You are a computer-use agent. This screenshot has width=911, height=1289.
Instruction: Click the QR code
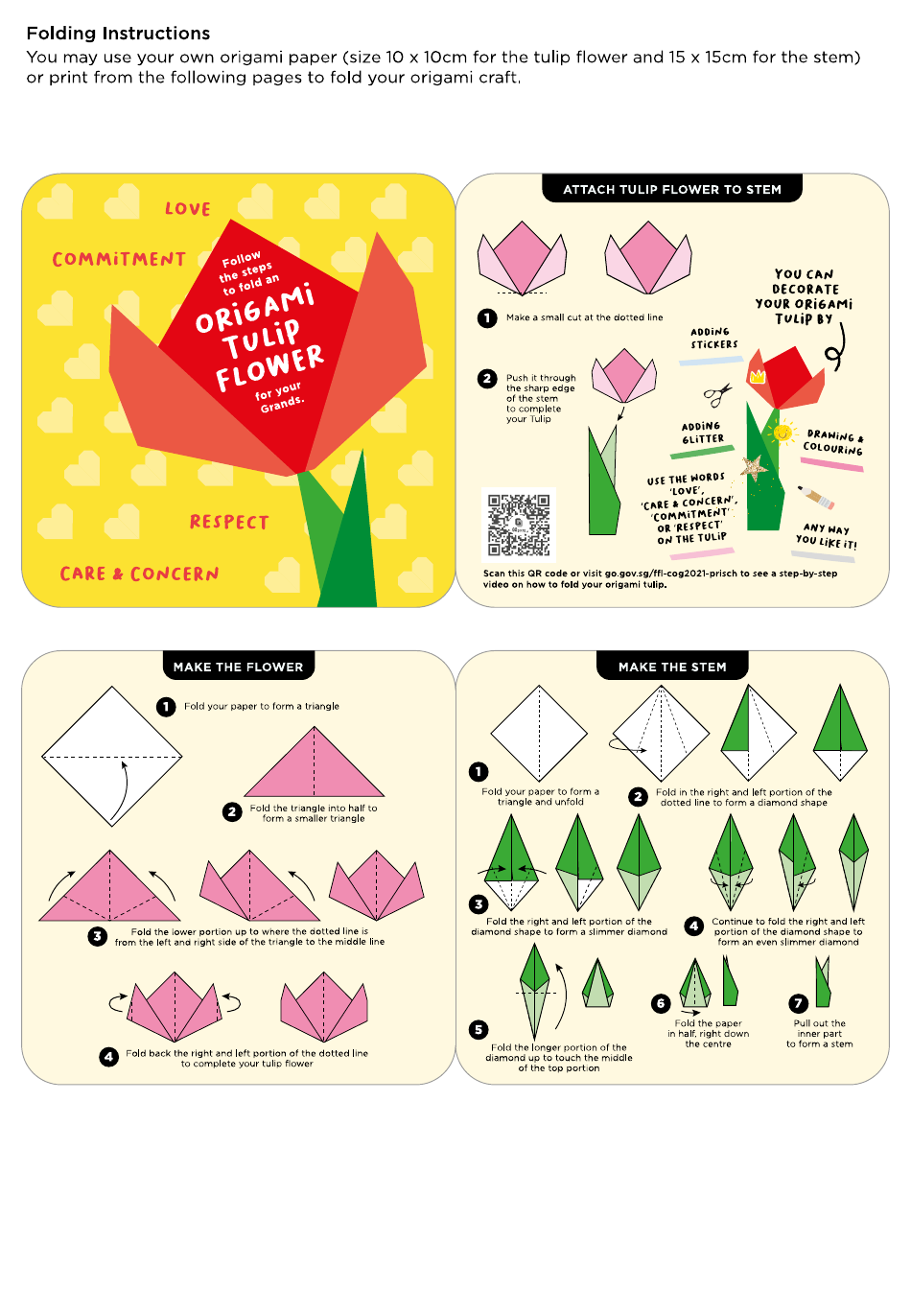(519, 525)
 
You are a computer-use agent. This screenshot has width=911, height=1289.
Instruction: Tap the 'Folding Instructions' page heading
(118, 34)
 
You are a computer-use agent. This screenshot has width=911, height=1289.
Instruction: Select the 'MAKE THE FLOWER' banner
(238, 667)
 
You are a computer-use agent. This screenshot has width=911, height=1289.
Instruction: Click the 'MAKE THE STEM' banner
(672, 667)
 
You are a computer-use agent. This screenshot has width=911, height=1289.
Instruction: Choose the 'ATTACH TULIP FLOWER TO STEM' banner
(672, 189)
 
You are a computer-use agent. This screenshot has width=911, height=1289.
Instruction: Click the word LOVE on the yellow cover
(188, 209)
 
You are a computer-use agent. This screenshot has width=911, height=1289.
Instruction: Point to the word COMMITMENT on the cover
(119, 260)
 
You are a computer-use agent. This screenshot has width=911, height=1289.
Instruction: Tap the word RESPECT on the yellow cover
(229, 523)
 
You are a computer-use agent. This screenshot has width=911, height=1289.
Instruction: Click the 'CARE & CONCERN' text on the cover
(139, 574)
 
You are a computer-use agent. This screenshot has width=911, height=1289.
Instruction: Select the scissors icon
(716, 394)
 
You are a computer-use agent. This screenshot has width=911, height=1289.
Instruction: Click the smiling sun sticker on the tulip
(783, 433)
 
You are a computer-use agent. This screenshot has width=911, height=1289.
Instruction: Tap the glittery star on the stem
(754, 467)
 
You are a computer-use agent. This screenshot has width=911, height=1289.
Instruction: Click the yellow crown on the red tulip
(758, 375)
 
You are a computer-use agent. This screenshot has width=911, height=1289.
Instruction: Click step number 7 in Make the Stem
(798, 1003)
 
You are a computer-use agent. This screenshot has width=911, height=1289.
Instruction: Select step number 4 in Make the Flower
(109, 1056)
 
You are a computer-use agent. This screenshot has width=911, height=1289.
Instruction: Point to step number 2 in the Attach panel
(487, 379)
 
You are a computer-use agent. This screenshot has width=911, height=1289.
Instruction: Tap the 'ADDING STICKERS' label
(714, 338)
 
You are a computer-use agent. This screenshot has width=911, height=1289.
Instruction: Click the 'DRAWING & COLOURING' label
(832, 442)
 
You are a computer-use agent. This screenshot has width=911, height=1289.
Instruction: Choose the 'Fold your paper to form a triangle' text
(262, 706)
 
